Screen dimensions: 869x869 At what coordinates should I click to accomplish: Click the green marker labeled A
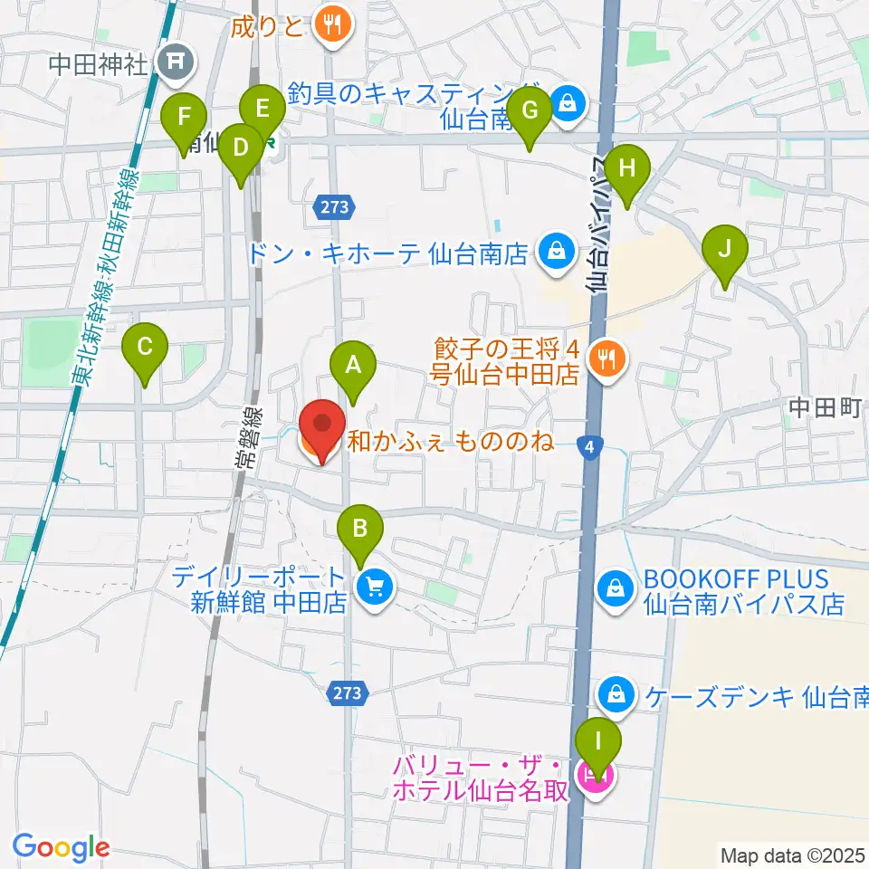(x=353, y=366)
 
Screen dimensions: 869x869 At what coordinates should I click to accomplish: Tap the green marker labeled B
(x=360, y=527)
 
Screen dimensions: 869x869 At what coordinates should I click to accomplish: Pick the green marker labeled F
(x=184, y=118)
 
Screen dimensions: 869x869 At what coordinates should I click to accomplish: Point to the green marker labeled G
(x=530, y=111)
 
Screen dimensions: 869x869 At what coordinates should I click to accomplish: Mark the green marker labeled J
(x=724, y=249)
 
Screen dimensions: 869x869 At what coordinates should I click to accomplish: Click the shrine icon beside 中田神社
(x=171, y=62)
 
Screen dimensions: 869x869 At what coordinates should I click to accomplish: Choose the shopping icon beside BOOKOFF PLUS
(x=616, y=590)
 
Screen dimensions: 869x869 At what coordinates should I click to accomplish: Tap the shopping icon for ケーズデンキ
(x=616, y=695)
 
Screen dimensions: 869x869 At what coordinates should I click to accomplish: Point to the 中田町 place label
(x=823, y=407)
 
